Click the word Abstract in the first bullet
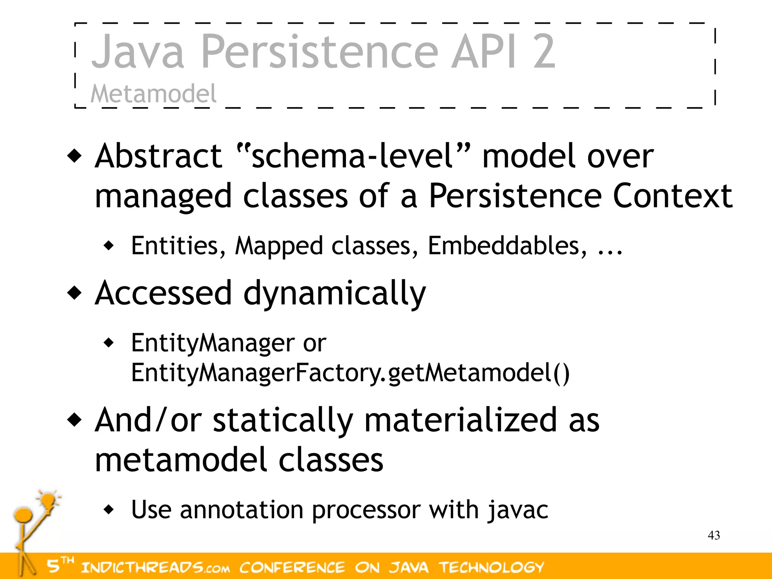pos(158,156)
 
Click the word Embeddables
pos(507,246)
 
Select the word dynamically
pos(334,294)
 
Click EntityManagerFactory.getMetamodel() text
pos(350,373)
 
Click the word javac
pos(518,510)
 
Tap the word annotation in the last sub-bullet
pos(241,510)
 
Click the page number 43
pos(714,535)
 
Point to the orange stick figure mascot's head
pos(23,515)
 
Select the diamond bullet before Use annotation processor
pos(109,510)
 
